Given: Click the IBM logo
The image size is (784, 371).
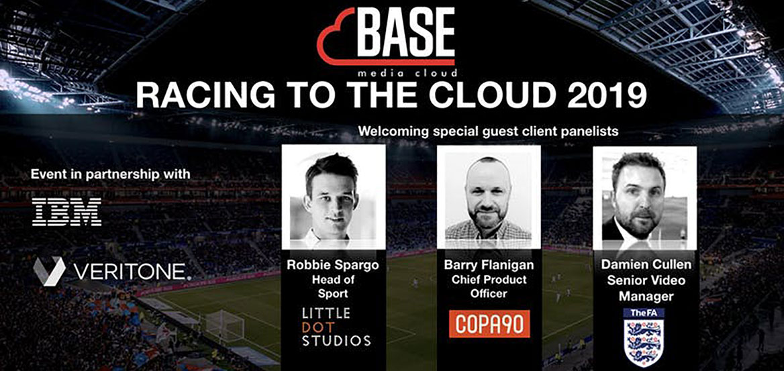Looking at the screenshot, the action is pyautogui.click(x=66, y=211).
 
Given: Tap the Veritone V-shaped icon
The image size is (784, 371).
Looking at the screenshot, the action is pyautogui.click(x=49, y=271).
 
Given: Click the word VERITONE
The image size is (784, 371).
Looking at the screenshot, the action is pyautogui.click(x=132, y=272).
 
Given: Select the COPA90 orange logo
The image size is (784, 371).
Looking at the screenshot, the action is pyautogui.click(x=489, y=323).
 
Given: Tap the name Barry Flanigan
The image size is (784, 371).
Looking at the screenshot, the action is pyautogui.click(x=489, y=265).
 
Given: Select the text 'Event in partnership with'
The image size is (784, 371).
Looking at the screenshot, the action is pyautogui.click(x=111, y=175).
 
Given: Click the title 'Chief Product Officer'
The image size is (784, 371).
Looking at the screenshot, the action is pyautogui.click(x=489, y=286).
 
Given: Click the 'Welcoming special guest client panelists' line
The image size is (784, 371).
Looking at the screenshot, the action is pyautogui.click(x=489, y=132).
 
